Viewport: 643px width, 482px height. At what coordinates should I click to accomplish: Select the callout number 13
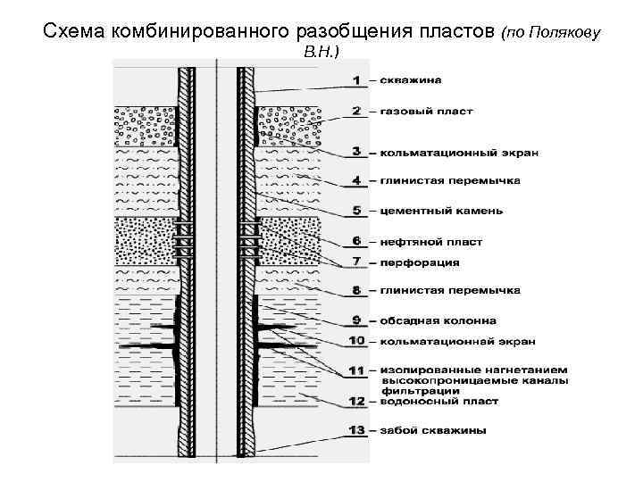click(x=357, y=430)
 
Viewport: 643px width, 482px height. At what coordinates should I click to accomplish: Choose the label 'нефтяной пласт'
click(x=430, y=241)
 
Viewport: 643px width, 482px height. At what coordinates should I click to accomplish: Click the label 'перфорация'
click(x=420, y=262)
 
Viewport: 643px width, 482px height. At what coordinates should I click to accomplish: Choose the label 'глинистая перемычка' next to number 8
click(x=450, y=291)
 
